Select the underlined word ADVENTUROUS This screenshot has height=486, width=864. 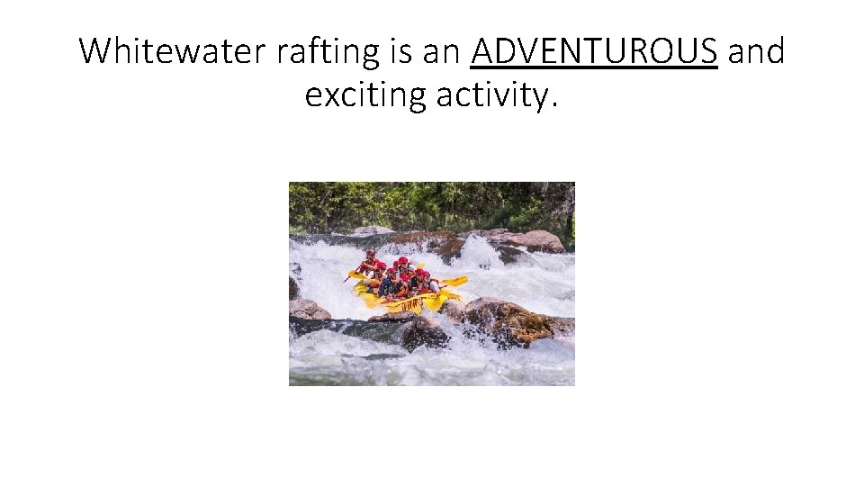pyautogui.click(x=594, y=51)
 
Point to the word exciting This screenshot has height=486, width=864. pyautogui.click(x=364, y=94)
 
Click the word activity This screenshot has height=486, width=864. pyautogui.click(x=489, y=94)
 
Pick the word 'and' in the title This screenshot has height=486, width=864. pyautogui.click(x=756, y=51)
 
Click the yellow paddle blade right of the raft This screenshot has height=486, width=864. pyautogui.click(x=455, y=282)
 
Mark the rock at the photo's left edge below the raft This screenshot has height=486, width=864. pyautogui.click(x=306, y=310)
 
